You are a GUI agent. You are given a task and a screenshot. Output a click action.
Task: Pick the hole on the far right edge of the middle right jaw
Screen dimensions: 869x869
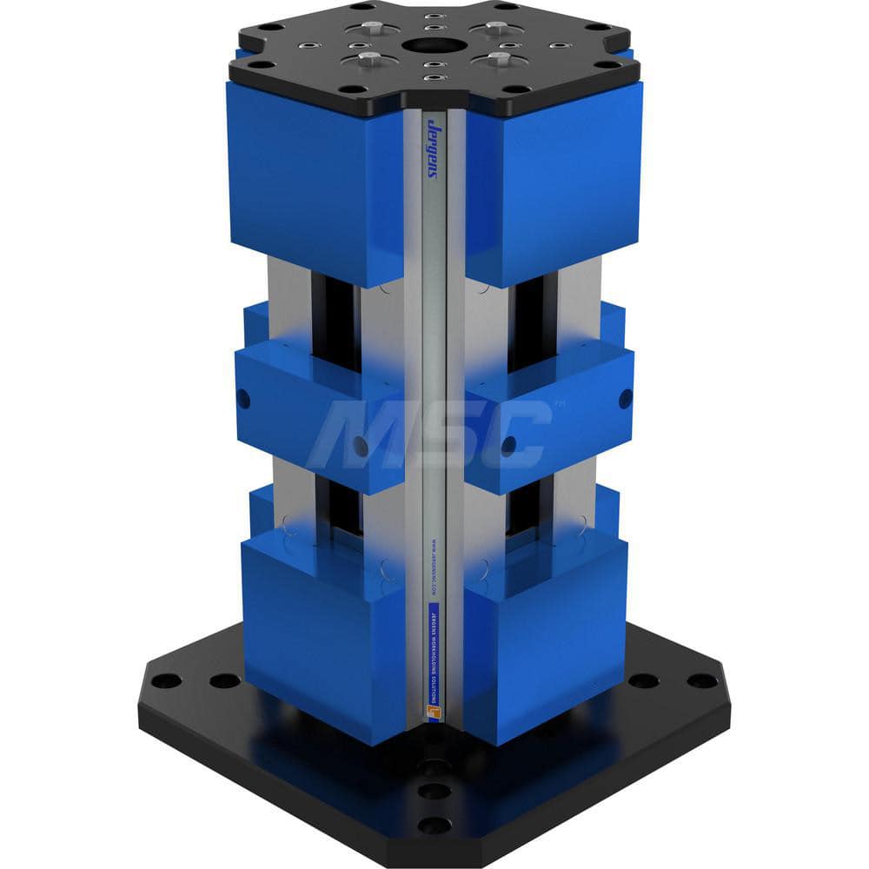[x=625, y=399]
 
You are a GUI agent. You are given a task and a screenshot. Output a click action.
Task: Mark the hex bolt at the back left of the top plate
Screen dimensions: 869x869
[x=371, y=27]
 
